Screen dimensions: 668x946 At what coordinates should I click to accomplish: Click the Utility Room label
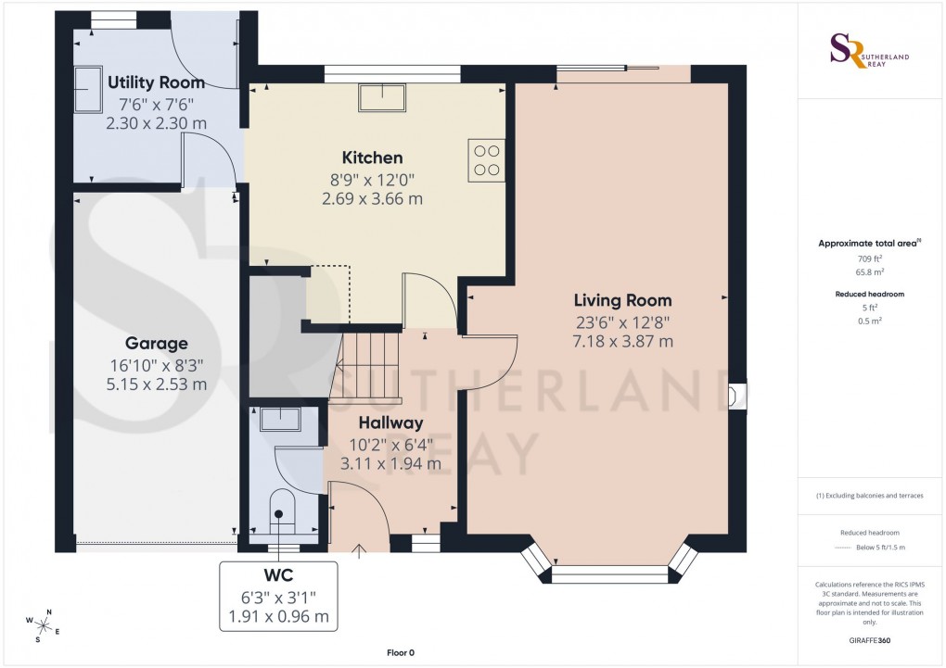(x=156, y=82)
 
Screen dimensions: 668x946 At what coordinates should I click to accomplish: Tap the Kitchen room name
(x=372, y=158)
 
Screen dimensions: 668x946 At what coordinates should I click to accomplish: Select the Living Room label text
(x=622, y=300)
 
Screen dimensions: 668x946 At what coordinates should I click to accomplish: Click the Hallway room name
(x=390, y=422)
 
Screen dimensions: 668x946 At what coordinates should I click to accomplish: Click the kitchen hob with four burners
(x=486, y=160)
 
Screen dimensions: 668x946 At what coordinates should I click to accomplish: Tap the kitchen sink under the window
(x=381, y=96)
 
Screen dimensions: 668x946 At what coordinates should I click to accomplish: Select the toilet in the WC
(x=281, y=512)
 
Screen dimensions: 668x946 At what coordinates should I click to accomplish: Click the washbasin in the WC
(x=279, y=420)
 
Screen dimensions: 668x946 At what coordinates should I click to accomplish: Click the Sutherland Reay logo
(x=868, y=51)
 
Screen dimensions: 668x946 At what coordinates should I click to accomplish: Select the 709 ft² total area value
(x=868, y=259)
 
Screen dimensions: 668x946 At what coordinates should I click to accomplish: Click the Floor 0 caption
(x=401, y=653)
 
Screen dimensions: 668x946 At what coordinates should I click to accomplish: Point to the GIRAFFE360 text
(x=868, y=640)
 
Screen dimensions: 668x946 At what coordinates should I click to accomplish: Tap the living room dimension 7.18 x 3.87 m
(x=622, y=341)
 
